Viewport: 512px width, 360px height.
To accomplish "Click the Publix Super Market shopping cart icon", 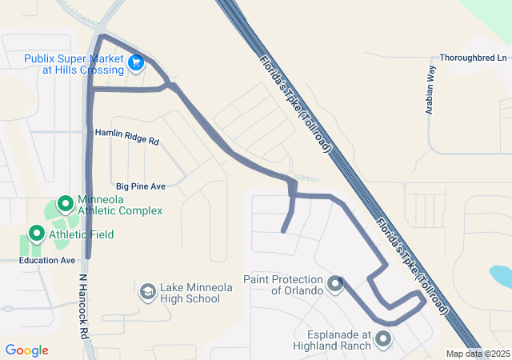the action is (136, 61).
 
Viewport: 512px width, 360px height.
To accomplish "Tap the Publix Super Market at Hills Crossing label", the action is (74, 64).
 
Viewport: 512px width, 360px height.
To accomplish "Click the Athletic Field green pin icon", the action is (36, 234).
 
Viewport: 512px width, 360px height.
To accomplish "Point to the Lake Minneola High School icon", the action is (147, 292).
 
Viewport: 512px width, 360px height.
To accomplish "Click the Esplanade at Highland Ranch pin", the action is (382, 339).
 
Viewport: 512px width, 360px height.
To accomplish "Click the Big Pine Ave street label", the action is (140, 186).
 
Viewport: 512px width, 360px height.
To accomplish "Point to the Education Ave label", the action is (47, 260).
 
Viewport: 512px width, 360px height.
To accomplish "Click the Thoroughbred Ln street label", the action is (474, 58).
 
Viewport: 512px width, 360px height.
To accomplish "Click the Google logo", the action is (26, 350).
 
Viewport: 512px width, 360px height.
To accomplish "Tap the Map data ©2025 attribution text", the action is (477, 354).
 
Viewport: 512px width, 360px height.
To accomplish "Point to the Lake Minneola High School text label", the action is (190, 293).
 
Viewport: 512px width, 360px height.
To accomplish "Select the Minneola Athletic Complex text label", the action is (119, 205).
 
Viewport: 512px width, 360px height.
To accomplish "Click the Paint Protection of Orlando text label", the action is (283, 285).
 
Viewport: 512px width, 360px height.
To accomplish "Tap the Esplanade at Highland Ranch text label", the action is (338, 340).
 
